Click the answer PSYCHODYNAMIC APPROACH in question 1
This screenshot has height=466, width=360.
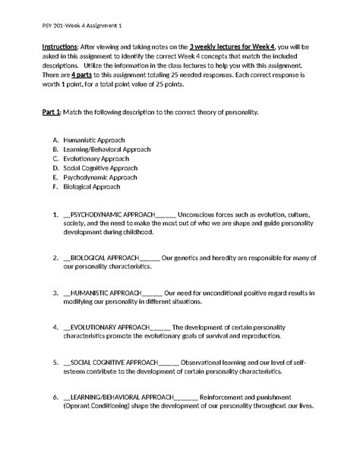(x=112, y=215)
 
